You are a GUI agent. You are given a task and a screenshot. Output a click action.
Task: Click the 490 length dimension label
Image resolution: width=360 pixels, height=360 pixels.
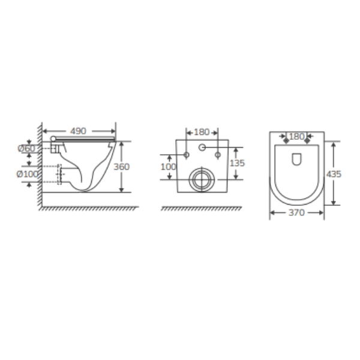pos(78,131)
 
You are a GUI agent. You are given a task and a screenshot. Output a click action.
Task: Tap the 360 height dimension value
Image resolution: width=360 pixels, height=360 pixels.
pos(122,167)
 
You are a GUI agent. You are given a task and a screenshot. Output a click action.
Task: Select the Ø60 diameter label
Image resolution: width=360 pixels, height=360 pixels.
pos(26,149)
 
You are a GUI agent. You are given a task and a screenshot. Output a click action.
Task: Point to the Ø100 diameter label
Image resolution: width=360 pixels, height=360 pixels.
pos(28,174)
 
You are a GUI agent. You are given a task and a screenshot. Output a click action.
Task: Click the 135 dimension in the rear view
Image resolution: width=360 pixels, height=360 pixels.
pos(238,163)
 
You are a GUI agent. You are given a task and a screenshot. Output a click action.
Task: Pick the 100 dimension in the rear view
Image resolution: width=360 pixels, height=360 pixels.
pos(168,167)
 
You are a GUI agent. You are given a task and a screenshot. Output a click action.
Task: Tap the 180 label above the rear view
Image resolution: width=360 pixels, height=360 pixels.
pos(202,132)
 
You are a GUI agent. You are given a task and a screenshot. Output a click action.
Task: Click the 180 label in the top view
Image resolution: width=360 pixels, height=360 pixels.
pos(296,137)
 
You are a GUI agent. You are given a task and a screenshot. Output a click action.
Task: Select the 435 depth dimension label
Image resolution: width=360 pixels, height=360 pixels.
pos(334,174)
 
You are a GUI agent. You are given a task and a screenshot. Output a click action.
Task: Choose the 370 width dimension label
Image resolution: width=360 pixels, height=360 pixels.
pos(296,213)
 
